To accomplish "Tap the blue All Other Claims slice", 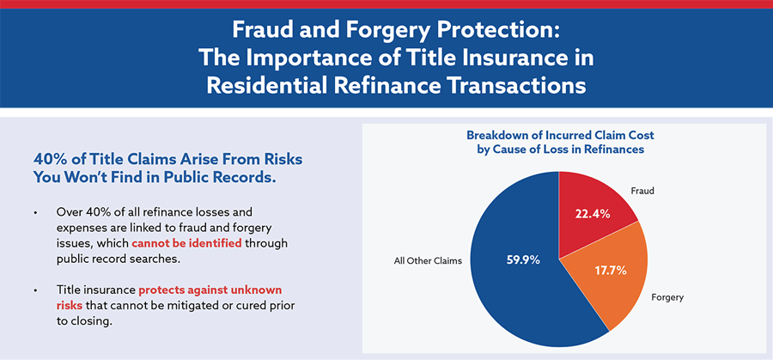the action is (513, 266).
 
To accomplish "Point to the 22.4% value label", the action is (593, 214).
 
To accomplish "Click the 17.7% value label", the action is (609, 271).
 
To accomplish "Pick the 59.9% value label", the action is (524, 259).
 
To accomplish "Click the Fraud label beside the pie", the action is (642, 190).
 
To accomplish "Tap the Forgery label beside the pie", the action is (667, 297).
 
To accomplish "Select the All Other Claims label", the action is (428, 261).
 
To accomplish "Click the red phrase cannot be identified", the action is (187, 244).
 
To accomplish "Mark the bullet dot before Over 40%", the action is (35, 214).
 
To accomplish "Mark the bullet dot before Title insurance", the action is (35, 290).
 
